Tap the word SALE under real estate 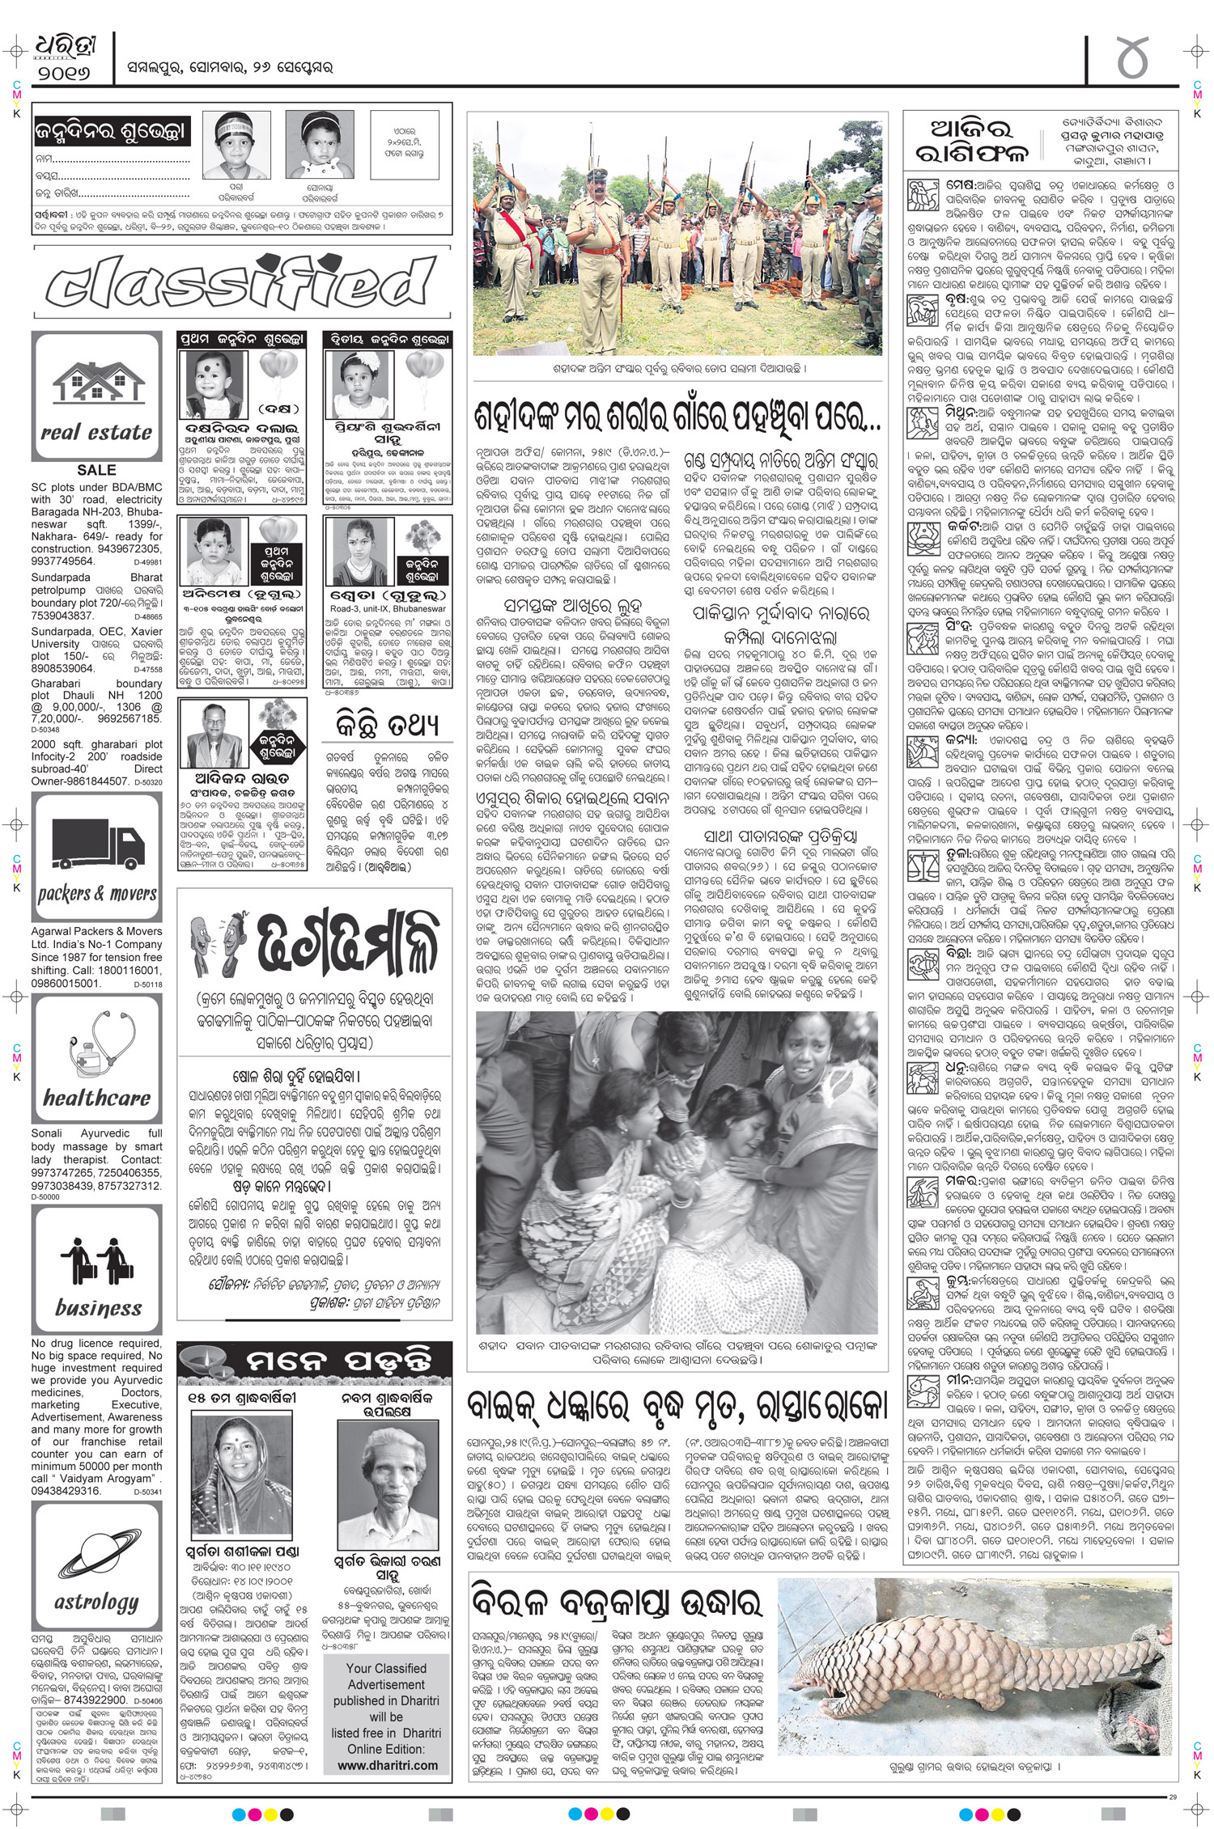[x=96, y=470]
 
